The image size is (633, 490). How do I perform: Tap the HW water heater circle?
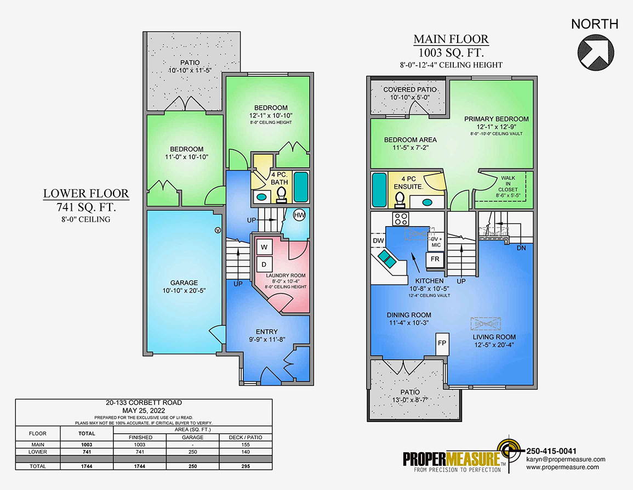point(299,215)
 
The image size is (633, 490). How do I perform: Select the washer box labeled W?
point(264,247)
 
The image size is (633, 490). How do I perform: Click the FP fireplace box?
point(442,343)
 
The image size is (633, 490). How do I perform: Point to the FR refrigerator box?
point(435,258)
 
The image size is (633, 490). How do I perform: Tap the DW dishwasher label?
point(378,241)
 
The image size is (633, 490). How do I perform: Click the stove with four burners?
point(401,218)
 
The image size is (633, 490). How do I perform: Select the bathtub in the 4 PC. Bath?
point(301,187)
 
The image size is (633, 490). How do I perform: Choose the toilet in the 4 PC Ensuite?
point(400,199)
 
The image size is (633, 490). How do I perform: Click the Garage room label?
point(184,286)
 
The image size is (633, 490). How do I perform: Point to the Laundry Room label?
point(286,275)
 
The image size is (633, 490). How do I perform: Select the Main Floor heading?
point(451,40)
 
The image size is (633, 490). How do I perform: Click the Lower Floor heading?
point(87,193)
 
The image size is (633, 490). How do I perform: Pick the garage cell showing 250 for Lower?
point(192,452)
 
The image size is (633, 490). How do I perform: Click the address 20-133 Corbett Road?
point(144,402)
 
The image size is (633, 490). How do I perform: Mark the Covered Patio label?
point(410,89)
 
